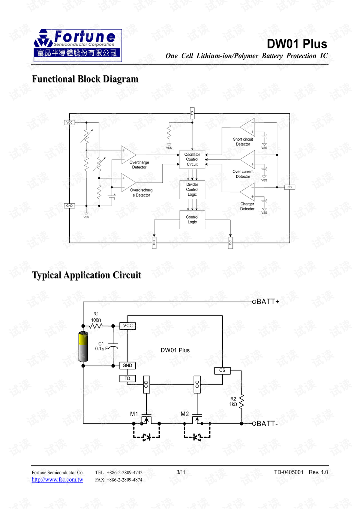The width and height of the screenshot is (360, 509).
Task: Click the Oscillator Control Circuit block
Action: [192, 159]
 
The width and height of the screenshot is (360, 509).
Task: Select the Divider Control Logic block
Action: [192, 189]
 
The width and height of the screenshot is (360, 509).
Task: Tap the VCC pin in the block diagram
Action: [69, 123]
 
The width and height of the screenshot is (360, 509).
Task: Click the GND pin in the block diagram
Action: [69, 206]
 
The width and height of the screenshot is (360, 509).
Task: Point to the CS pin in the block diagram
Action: [289, 187]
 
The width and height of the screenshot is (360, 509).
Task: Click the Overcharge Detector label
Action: [139, 165]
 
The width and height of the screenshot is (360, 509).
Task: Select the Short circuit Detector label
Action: [243, 142]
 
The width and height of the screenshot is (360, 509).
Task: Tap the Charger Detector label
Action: [247, 207]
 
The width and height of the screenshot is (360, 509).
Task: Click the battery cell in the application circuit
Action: [83, 346]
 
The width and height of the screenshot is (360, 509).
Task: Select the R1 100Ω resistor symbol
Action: [96, 326]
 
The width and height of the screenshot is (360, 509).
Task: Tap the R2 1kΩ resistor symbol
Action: [241, 401]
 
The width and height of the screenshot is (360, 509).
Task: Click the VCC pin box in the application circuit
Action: [128, 326]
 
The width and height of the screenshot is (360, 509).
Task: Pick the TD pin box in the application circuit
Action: [127, 378]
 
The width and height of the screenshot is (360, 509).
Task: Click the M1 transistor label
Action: [134, 414]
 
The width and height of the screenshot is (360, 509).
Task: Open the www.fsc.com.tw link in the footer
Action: [57, 480]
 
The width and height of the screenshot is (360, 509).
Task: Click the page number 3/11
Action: [181, 472]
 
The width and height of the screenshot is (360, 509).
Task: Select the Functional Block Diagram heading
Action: [85, 79]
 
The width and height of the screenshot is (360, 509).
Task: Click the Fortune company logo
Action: [78, 45]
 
